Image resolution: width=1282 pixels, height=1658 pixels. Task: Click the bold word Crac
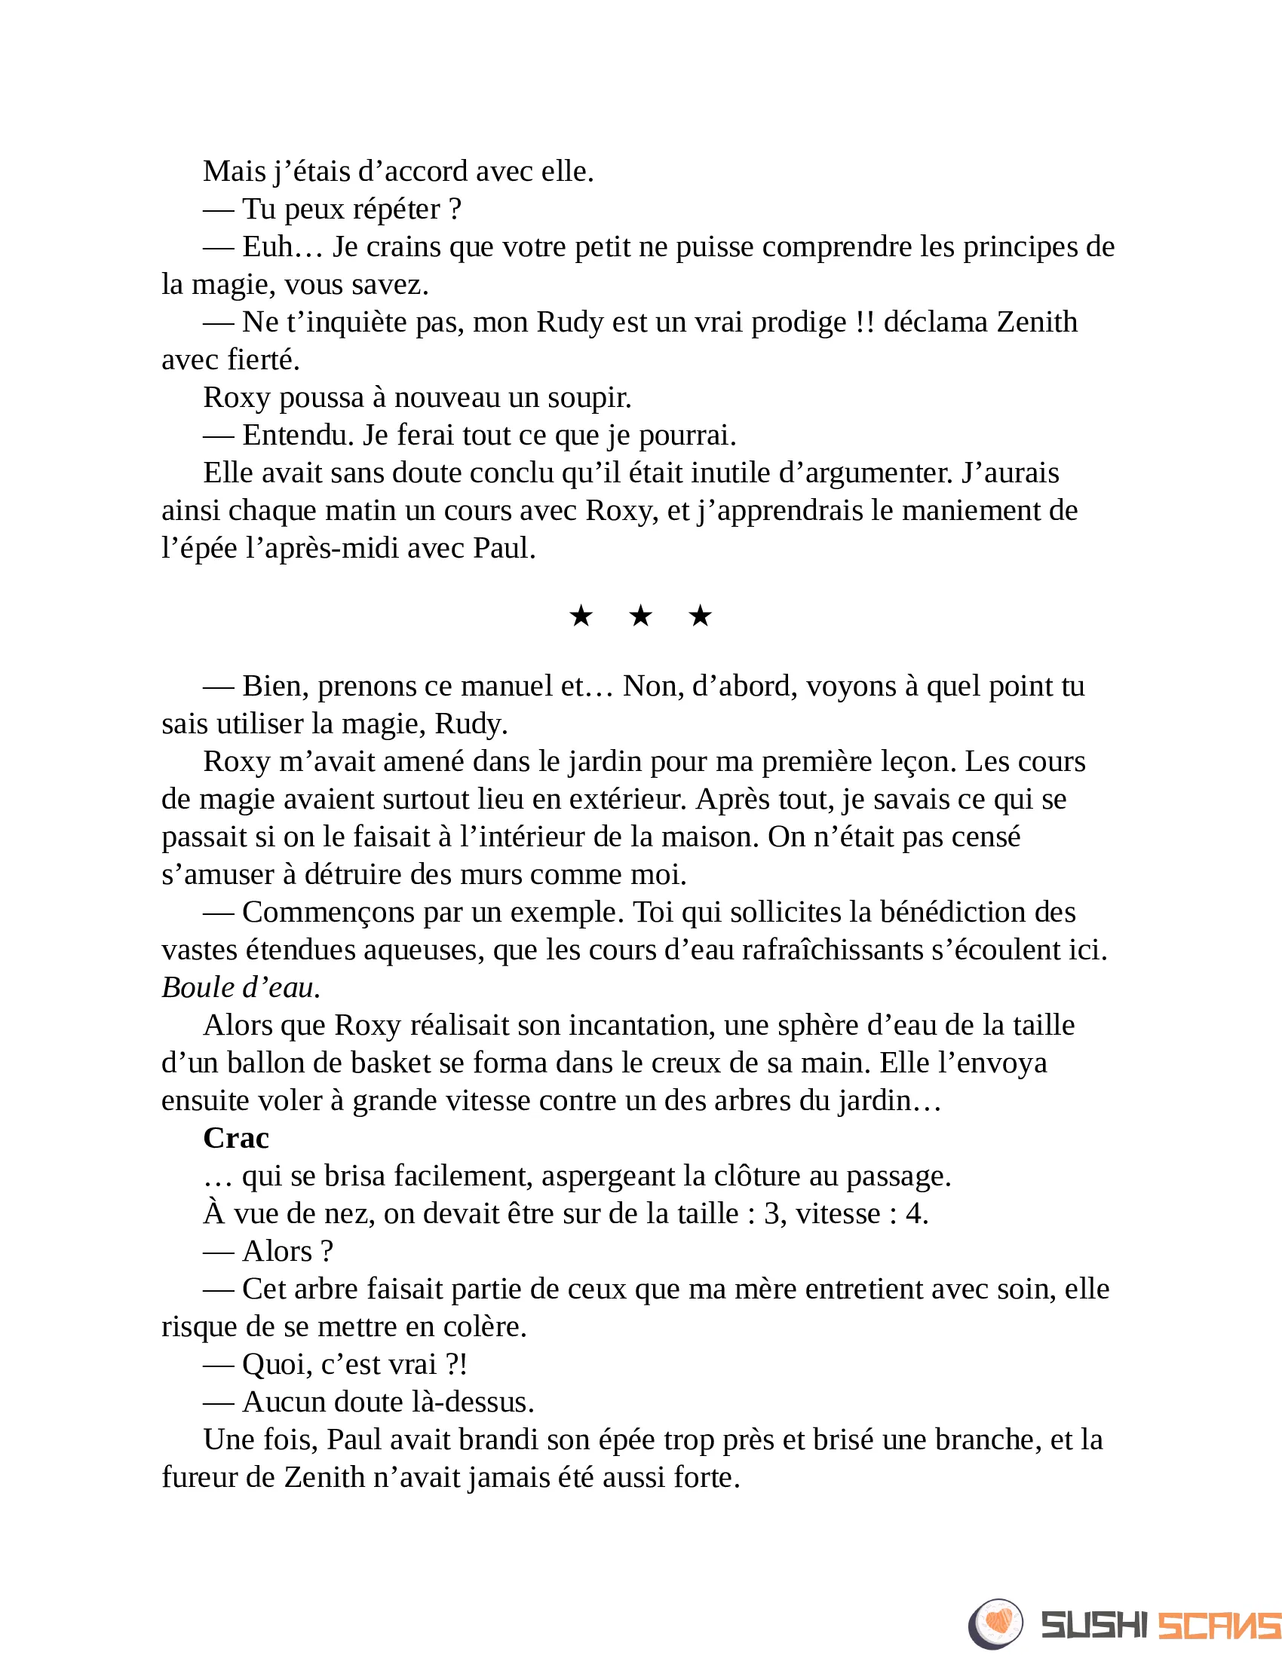click(235, 1138)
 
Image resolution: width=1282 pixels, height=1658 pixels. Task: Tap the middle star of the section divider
click(640, 616)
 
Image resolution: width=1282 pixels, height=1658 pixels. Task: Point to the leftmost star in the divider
click(581, 616)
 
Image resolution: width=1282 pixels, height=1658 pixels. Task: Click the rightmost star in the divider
click(700, 616)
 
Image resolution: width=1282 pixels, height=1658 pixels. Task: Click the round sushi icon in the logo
click(995, 1624)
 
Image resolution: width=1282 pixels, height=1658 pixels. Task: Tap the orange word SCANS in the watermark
click(1219, 1626)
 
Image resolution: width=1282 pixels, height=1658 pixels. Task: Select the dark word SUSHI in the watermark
click(1093, 1626)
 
